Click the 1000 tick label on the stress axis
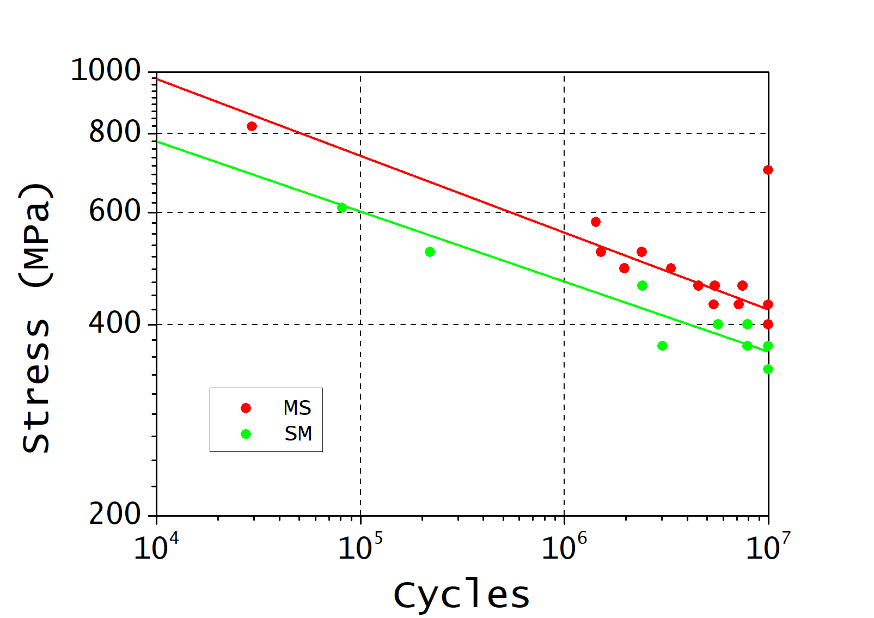[x=106, y=71]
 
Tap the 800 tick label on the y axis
[x=115, y=132]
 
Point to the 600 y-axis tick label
[x=115, y=211]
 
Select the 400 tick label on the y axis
[x=115, y=323]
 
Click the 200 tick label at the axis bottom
[x=115, y=514]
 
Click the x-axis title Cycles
[x=461, y=595]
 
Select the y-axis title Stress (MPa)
[x=36, y=319]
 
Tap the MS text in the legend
[x=297, y=408]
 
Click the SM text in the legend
[x=298, y=434]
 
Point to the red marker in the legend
[x=246, y=408]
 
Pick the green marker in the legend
[x=246, y=434]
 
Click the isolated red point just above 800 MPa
[x=252, y=126]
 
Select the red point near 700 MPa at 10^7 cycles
[x=768, y=170]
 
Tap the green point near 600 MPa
[x=342, y=207]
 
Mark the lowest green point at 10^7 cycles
[x=768, y=369]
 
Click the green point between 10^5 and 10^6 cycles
[x=430, y=252]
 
